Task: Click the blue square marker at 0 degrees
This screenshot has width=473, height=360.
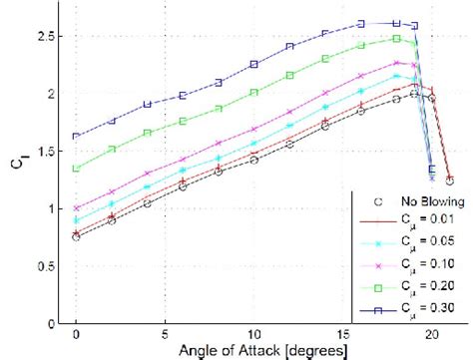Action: click(77, 137)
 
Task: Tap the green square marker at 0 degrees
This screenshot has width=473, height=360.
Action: click(77, 169)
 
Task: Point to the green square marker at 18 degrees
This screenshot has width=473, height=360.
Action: click(397, 39)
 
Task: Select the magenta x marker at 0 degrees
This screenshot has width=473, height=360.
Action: click(77, 208)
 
